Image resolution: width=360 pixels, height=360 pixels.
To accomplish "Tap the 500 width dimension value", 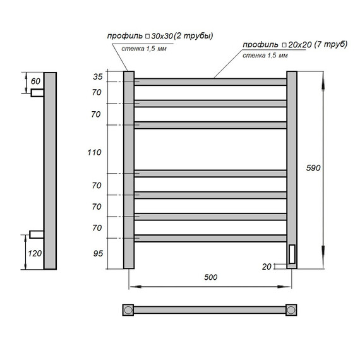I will pos(211,279).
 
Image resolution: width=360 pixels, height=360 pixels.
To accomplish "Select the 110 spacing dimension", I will pos(94,152).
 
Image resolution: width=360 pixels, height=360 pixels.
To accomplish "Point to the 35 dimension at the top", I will pos(97,76).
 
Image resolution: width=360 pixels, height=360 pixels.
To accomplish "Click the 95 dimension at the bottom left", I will pos(97,255).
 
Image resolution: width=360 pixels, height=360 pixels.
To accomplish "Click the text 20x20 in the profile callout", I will pos(299,45).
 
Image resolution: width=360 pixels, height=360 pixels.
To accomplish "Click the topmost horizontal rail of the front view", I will pos(211,81).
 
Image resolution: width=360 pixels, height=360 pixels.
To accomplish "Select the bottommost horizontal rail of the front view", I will pos(211,238).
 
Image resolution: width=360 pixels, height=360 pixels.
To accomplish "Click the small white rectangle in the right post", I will pos(292,255).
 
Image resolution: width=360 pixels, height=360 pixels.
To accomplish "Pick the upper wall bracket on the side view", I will pos(37,92).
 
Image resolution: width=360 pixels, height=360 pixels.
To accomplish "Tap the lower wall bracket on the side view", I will pos(37,235).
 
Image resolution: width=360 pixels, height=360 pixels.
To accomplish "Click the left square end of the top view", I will pos(128,310).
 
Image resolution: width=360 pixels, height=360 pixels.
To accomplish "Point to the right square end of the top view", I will pos(292,310).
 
